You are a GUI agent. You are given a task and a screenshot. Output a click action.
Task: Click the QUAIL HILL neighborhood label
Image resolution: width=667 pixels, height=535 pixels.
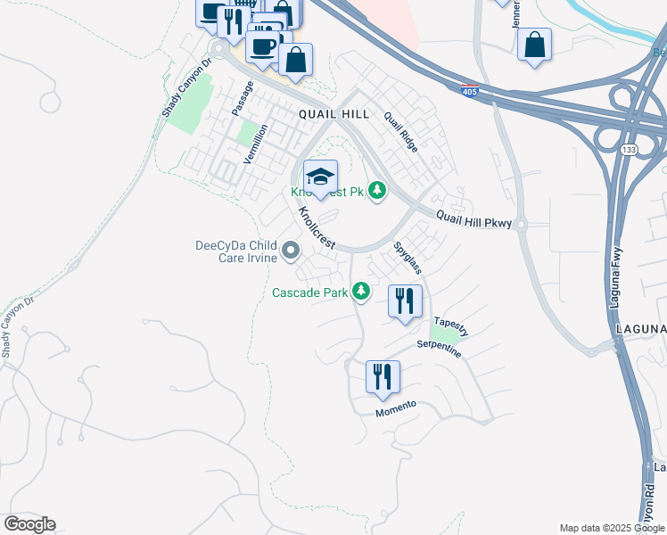(333, 114)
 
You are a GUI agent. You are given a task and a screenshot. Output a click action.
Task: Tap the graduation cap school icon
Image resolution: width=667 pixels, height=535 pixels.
(320, 176)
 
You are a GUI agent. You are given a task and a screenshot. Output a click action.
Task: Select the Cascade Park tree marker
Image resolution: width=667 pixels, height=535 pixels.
(361, 291)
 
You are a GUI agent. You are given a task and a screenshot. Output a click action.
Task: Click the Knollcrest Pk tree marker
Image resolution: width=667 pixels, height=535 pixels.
(377, 191)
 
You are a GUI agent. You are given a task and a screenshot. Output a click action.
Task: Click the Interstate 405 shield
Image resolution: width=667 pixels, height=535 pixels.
(468, 91)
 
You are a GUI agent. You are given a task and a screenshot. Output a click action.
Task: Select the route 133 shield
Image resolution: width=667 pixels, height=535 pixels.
(630, 148)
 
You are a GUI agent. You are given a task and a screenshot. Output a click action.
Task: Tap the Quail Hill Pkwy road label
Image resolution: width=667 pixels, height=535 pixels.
(474, 219)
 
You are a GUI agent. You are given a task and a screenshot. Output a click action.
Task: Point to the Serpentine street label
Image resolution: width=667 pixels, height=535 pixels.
(439, 349)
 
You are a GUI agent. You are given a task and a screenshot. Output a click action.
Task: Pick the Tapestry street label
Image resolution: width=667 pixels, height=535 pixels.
(450, 325)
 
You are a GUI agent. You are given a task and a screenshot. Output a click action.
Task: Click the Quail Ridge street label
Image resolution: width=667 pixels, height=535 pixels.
(400, 132)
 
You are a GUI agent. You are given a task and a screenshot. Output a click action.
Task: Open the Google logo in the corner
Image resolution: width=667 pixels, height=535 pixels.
(29, 524)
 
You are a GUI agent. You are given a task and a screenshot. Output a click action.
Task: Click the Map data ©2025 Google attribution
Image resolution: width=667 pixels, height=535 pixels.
(612, 528)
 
